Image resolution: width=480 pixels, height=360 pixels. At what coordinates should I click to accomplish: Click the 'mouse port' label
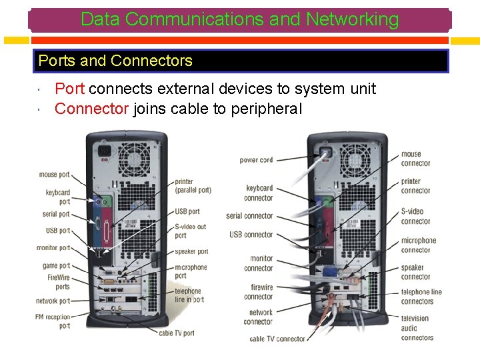(54, 175)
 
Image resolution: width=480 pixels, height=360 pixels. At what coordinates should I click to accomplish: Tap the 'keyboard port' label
(58, 197)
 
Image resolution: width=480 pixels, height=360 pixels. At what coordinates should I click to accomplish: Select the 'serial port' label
(56, 215)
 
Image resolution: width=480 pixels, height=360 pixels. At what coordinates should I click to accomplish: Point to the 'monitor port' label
(53, 248)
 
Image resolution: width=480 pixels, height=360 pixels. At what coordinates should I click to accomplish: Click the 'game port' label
(56, 265)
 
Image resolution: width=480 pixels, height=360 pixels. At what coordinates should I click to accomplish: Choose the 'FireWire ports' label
(58, 282)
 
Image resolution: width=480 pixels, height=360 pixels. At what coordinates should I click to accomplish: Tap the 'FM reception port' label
(53, 321)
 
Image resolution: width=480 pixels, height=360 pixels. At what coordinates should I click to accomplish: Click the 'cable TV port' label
(176, 333)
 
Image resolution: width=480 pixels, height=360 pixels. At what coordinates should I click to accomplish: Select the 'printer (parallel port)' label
(193, 185)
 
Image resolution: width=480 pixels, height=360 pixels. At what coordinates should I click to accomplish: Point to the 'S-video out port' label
(190, 231)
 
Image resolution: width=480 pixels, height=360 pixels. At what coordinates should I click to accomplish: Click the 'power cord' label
(256, 160)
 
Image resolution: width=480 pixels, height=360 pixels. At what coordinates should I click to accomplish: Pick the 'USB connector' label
(251, 235)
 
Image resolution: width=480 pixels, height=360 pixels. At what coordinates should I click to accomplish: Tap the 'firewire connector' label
(259, 292)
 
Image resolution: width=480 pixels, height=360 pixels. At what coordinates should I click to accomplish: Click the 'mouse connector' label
(415, 159)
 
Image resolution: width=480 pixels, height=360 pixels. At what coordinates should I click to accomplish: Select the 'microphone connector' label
(418, 245)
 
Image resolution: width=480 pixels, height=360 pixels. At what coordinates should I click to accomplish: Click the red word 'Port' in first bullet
(69, 89)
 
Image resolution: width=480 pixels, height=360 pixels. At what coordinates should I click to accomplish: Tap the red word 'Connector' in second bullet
(91, 109)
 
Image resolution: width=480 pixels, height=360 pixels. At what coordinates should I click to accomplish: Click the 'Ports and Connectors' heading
(115, 61)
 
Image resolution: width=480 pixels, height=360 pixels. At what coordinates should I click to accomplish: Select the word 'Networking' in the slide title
(352, 19)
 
